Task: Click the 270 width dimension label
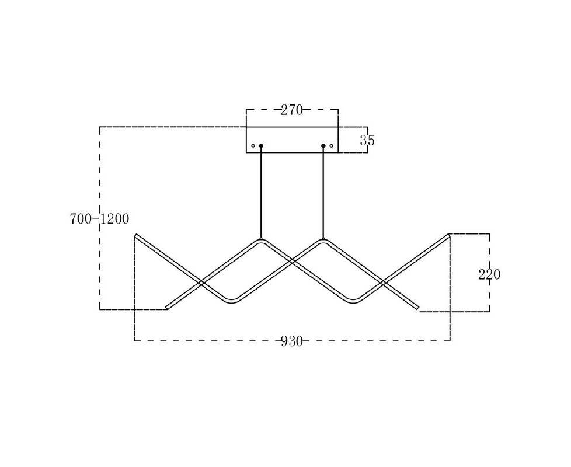pos(292,110)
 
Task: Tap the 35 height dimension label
pos(367,140)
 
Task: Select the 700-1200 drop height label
pos(99,219)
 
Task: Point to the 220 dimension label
pos(489,274)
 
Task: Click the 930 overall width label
pos(292,341)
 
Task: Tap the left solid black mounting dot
pos(261,145)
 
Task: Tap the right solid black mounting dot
pos(323,145)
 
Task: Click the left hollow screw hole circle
pos(253,146)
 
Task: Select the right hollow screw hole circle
pos(332,145)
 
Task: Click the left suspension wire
pos(261,192)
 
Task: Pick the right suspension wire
pos(323,192)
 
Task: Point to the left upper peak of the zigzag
pos(261,241)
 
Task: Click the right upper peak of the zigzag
pos(323,241)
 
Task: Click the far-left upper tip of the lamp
pos(136,235)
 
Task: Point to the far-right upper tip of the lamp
pos(448,235)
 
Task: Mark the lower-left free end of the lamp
pos(167,308)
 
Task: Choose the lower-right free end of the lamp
pos(418,308)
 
